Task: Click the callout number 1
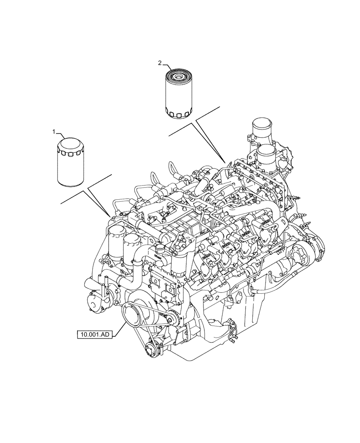[54, 132]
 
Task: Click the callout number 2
[160, 63]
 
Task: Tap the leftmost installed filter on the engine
[116, 241]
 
